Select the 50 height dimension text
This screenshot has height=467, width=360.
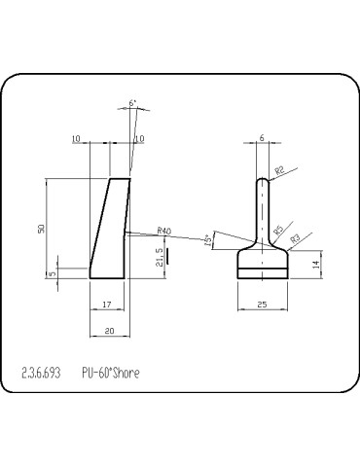41,228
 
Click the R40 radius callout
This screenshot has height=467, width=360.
163,231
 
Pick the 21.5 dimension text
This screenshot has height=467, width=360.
159,257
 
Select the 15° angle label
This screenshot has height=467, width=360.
208,240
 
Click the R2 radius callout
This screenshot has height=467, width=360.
279,171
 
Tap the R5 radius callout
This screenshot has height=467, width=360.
278,231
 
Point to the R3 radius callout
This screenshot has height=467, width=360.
295,237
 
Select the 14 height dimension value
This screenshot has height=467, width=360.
315,264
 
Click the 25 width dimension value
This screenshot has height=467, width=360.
263,305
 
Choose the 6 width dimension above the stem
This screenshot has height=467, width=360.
262,138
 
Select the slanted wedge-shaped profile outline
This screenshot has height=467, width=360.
110,229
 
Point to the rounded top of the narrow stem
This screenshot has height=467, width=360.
263,180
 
